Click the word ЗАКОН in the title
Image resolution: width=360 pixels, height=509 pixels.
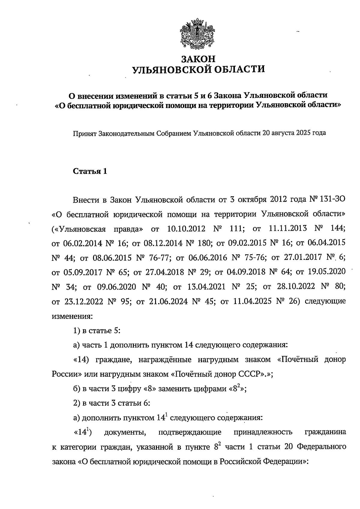tap(199, 58)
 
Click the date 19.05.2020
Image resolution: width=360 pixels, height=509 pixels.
tap(327, 272)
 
